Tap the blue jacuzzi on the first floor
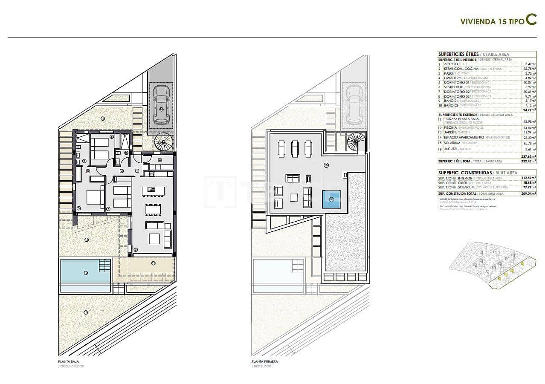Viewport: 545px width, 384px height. (x=331, y=199)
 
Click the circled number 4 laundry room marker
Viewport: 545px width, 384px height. (x=160, y=160)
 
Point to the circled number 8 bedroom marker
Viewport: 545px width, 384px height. (x=112, y=137)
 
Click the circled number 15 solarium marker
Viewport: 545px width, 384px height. (x=326, y=165)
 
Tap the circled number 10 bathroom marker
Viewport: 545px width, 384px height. (x=126, y=152)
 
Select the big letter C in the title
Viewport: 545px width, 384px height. (x=531, y=20)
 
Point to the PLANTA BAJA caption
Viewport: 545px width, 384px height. (x=67, y=361)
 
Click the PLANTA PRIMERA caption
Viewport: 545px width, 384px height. (x=264, y=361)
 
